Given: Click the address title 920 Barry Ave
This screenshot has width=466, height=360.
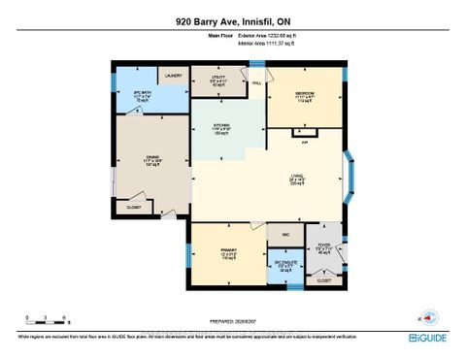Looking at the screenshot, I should tap(233, 21).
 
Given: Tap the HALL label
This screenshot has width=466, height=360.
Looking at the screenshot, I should tap(257, 83).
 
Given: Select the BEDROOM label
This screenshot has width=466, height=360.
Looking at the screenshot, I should tap(305, 94).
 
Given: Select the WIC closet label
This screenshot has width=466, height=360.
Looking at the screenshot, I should tap(285, 235).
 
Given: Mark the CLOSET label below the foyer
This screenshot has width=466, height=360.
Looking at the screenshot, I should tap(324, 279).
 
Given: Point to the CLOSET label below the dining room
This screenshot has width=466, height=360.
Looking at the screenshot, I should tap(134, 207).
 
